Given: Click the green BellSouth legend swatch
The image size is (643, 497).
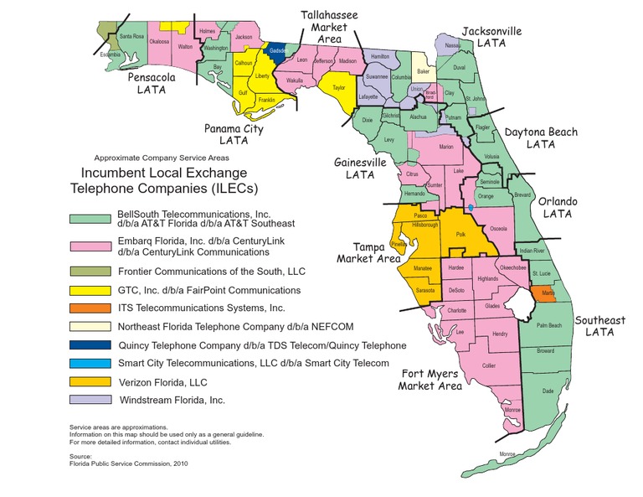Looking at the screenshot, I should click(x=90, y=219).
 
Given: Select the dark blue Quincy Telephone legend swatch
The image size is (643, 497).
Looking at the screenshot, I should click(x=90, y=344).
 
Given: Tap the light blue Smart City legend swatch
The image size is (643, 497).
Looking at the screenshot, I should click(x=90, y=363).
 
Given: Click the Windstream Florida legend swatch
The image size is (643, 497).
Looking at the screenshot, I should click(x=90, y=400).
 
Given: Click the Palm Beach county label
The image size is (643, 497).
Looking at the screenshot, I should click(x=548, y=324).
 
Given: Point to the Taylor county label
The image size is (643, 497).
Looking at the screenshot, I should click(x=339, y=87).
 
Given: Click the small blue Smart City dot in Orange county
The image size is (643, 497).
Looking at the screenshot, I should click(x=471, y=207).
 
